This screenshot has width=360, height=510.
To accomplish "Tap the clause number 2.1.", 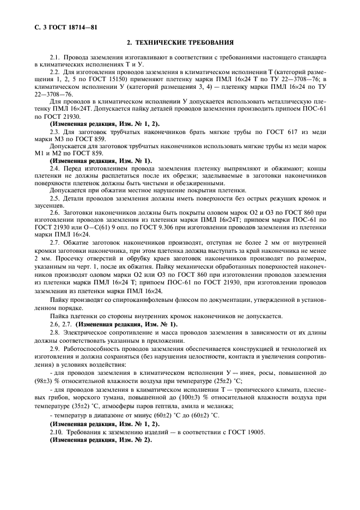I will coord(55,57).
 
